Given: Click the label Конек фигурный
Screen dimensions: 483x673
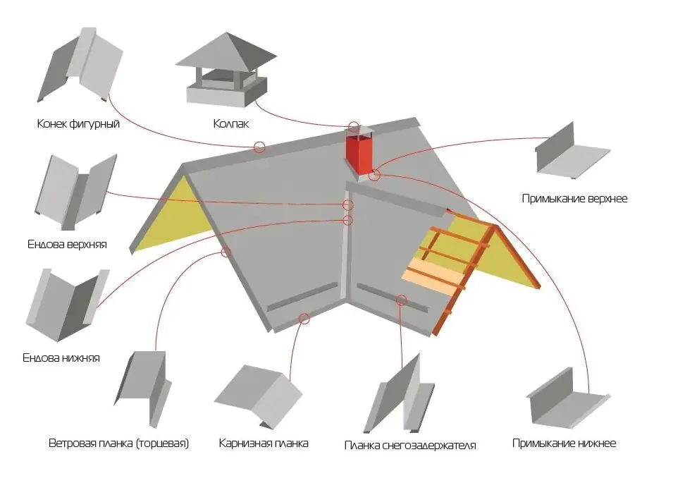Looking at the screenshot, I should click(78, 124).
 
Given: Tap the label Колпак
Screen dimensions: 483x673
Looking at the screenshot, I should click(231, 124).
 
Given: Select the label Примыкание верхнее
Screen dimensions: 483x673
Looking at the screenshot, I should click(574, 199).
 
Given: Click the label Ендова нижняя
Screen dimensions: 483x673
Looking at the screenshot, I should click(61, 357).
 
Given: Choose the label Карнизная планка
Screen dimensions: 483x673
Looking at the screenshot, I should click(264, 444).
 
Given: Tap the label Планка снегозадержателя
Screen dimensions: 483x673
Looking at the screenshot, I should click(410, 445).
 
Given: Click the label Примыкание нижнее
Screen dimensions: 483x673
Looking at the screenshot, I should click(564, 444).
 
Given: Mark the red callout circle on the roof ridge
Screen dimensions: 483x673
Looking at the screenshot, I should click(259, 147).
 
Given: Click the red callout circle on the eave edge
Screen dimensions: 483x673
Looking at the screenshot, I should click(304, 318).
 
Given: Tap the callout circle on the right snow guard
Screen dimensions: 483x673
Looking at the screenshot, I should click(402, 300).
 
